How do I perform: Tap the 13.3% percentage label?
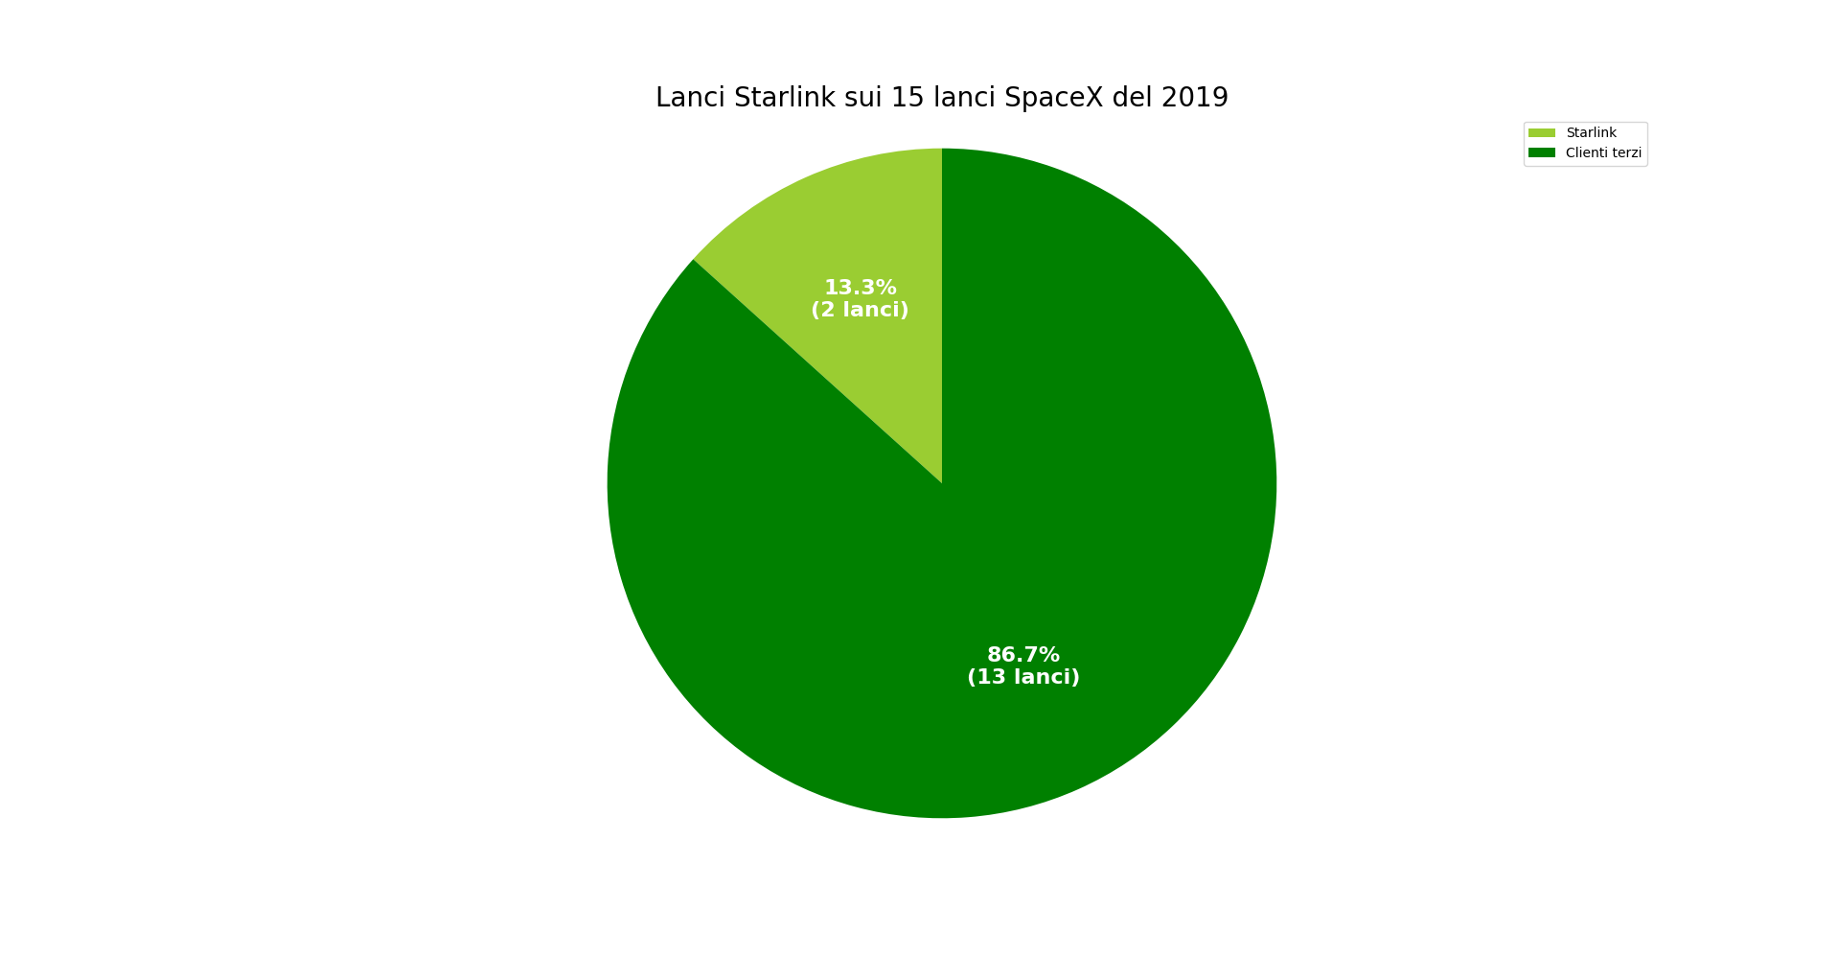pos(860,288)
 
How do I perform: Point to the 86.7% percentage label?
pos(1022,655)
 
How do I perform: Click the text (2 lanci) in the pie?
pos(860,310)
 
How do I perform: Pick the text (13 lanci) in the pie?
pos(1022,677)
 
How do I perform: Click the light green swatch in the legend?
pos(1542,133)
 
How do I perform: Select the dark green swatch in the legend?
pos(1542,153)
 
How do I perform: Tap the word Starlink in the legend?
pos(1591,133)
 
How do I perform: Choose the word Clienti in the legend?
pos(1587,153)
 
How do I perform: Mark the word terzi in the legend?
pos(1627,153)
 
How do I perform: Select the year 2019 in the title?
pos(1195,98)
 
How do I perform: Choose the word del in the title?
pos(1133,98)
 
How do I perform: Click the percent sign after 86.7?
pos(1049,655)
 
